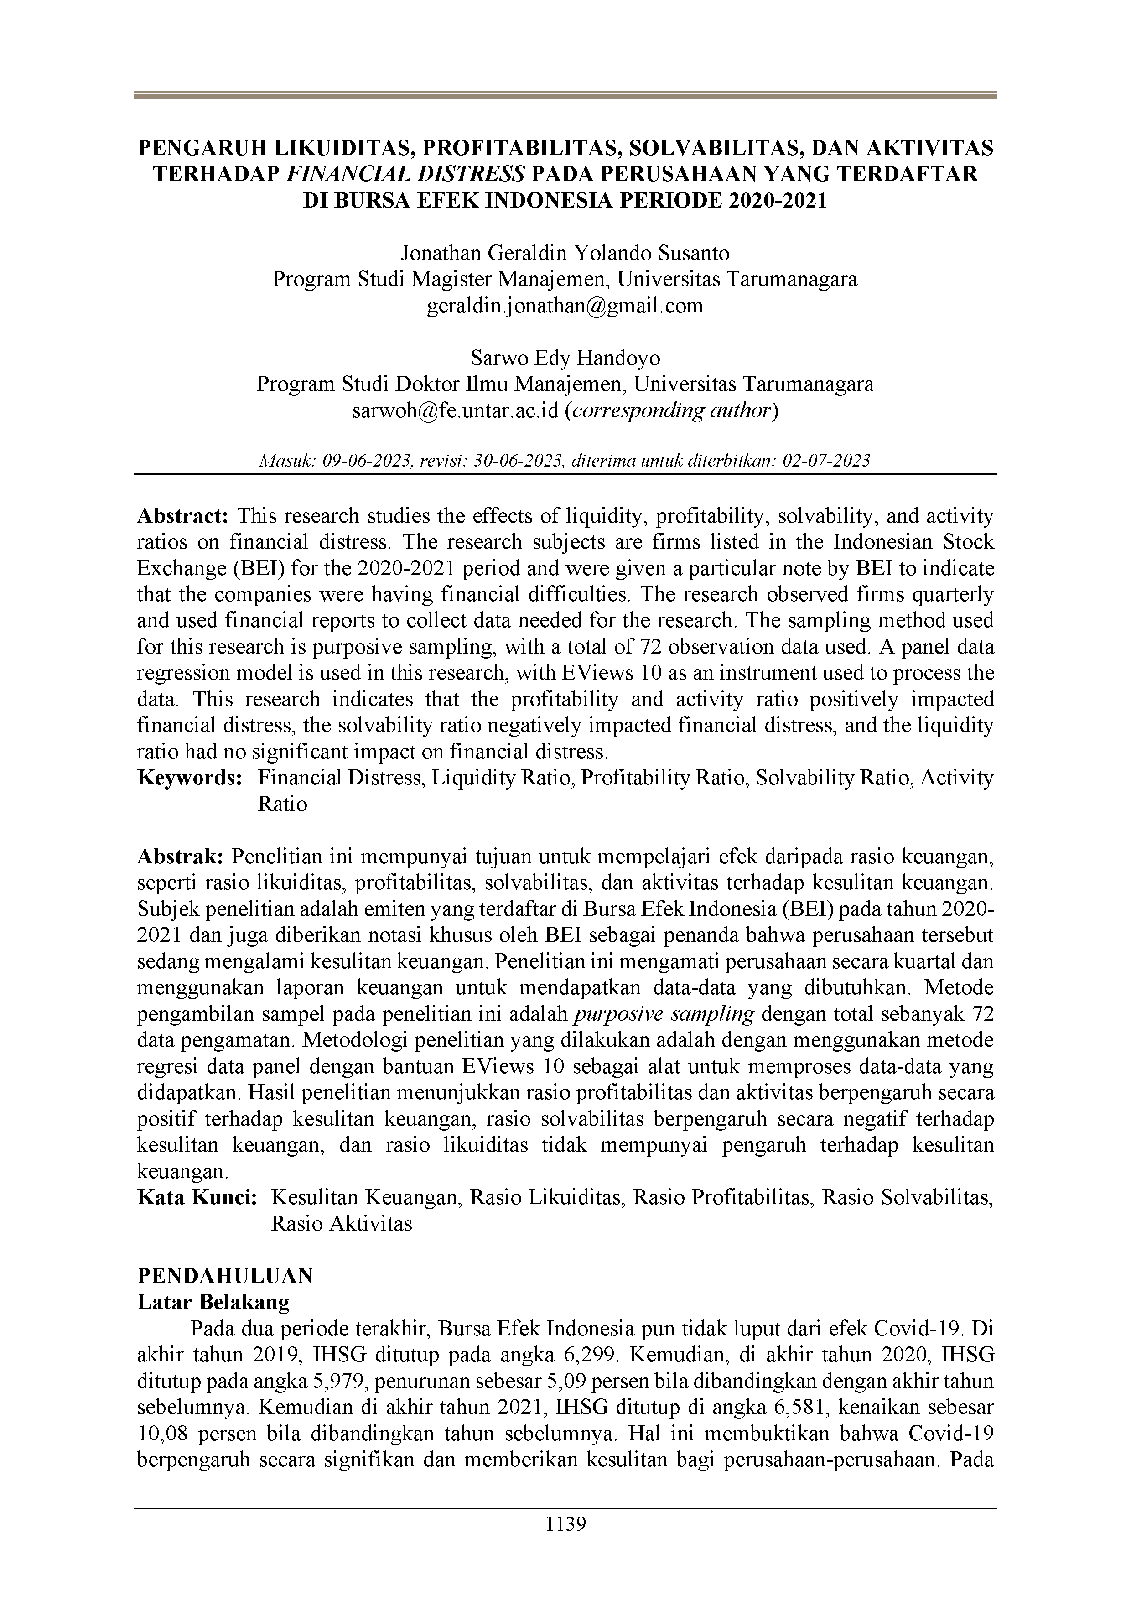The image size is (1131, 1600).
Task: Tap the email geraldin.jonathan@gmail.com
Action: pyautogui.click(x=565, y=305)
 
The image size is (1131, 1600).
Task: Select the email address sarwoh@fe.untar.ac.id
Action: pyautogui.click(x=456, y=411)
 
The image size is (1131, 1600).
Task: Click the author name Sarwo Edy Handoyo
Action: pyautogui.click(x=565, y=358)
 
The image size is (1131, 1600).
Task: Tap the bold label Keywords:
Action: pyautogui.click(x=190, y=778)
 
